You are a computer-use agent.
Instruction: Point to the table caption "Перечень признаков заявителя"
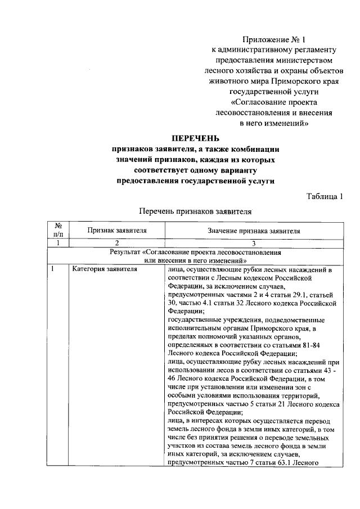click(195, 212)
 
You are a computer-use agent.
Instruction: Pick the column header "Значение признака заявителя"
click(254, 231)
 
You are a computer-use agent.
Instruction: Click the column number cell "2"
click(117, 242)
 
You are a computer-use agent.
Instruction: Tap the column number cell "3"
click(254, 242)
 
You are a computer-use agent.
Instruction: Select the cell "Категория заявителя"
click(104, 269)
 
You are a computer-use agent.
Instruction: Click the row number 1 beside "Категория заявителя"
click(52, 269)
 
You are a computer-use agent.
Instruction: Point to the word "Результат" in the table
click(125, 253)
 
